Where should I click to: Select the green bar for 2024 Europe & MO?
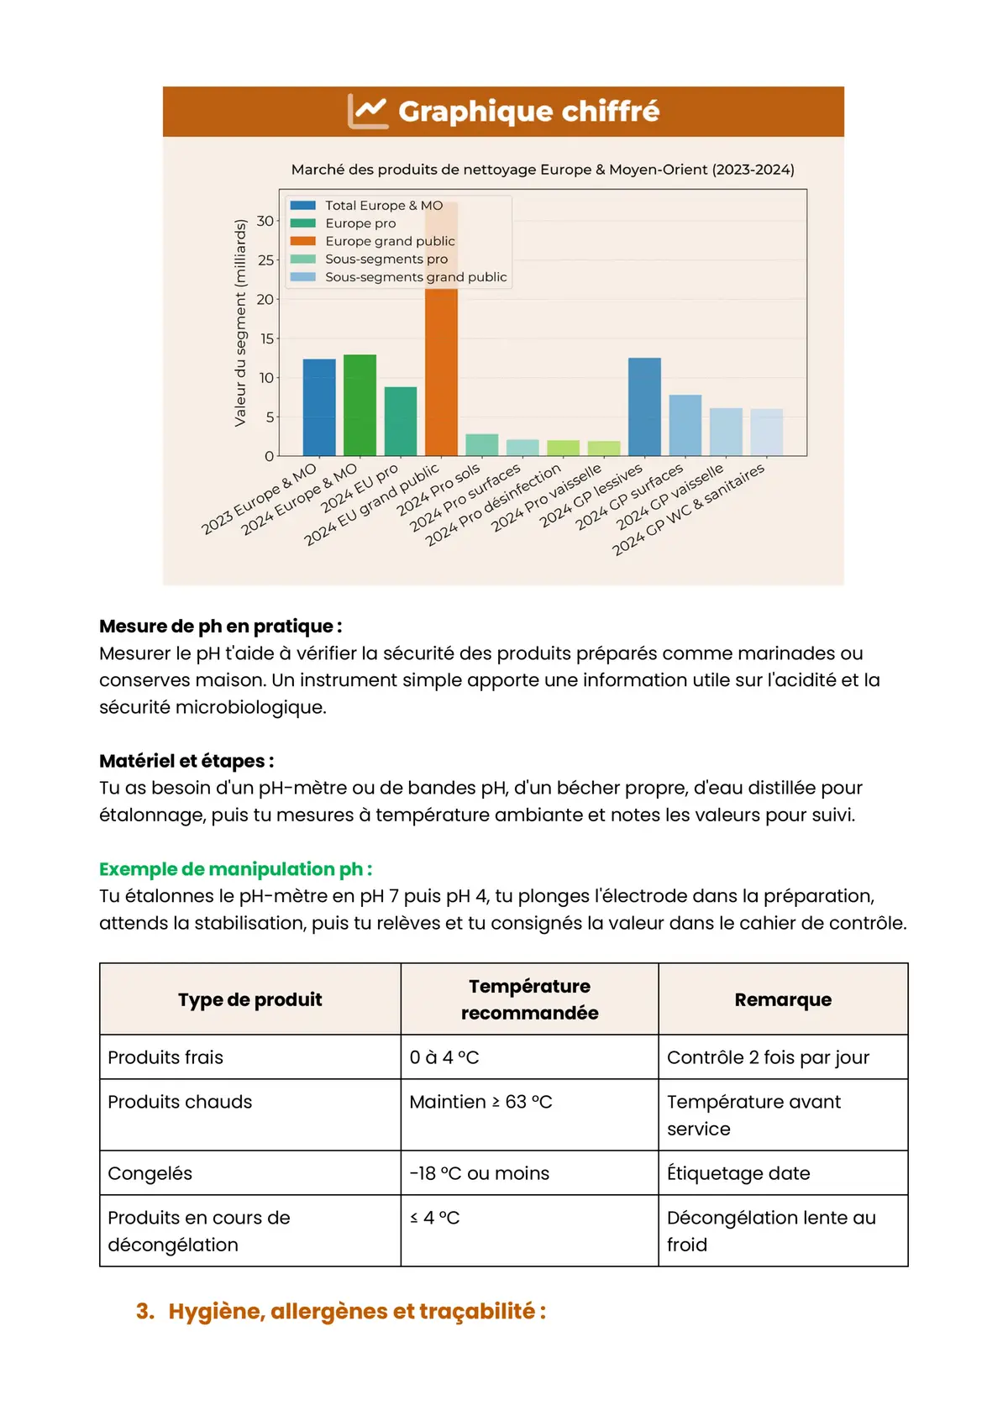pyautogui.click(x=360, y=406)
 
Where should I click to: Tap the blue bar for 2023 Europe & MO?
pyautogui.click(x=319, y=408)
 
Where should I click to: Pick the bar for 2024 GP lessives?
pyautogui.click(x=644, y=407)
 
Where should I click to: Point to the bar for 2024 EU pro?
pyautogui.click(x=401, y=422)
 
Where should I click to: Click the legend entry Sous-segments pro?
pyautogui.click(x=386, y=259)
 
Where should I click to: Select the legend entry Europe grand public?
pyautogui.click(x=389, y=241)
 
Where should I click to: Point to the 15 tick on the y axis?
pyautogui.click(x=266, y=338)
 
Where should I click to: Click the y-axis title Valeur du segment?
pyautogui.click(x=241, y=322)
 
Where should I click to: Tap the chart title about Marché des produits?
pyautogui.click(x=543, y=170)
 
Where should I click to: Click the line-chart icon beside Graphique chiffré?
pyautogui.click(x=368, y=111)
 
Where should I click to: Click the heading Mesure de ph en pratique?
pyautogui.click(x=220, y=626)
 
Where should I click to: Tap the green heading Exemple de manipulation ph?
pyautogui.click(x=235, y=869)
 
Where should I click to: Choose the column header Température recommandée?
pyautogui.click(x=529, y=999)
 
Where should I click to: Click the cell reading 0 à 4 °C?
pyautogui.click(x=444, y=1057)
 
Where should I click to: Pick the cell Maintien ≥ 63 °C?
pyautogui.click(x=480, y=1102)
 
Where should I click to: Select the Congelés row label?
pyautogui.click(x=150, y=1173)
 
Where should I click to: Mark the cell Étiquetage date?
pyautogui.click(x=738, y=1173)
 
